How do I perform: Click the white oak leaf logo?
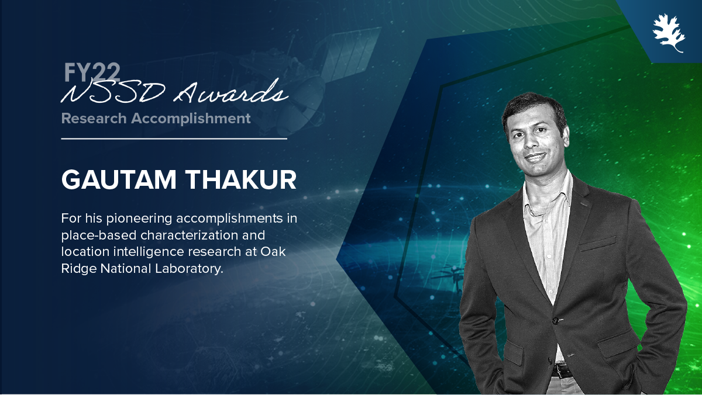pos(669,33)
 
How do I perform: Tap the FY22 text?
pos(92,72)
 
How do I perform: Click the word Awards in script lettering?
pos(231,91)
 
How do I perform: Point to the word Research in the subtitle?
pos(94,119)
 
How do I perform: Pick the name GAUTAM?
pos(119,180)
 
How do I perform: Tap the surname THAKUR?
pos(242,180)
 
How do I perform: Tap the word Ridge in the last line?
pos(78,269)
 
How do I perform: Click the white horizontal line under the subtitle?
pos(174,138)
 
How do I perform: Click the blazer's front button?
pos(555,320)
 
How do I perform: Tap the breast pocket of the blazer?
pos(597,244)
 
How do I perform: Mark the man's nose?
pos(529,141)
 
